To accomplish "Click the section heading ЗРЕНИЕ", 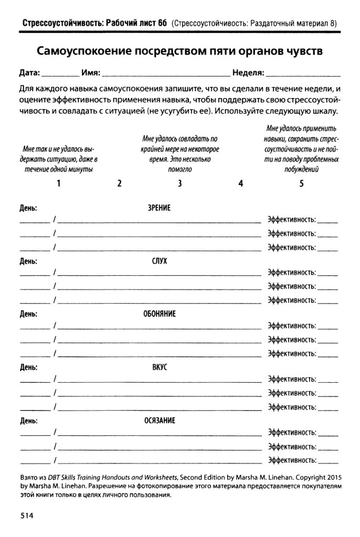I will pos(160,208).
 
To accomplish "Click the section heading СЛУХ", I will pos(160,261).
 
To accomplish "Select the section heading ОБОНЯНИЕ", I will pos(160,314).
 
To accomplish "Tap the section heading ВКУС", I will pos(160,367).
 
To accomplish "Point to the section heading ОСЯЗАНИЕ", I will pos(160,421).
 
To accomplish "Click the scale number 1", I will pos(59,184).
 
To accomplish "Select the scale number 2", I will pos(120,184).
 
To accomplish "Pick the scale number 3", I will pos(180,184).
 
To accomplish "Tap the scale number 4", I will pos(241,184).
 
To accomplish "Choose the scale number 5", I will pos(301,184).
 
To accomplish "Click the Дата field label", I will pos(29,72).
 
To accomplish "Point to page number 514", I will pos(27,515).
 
